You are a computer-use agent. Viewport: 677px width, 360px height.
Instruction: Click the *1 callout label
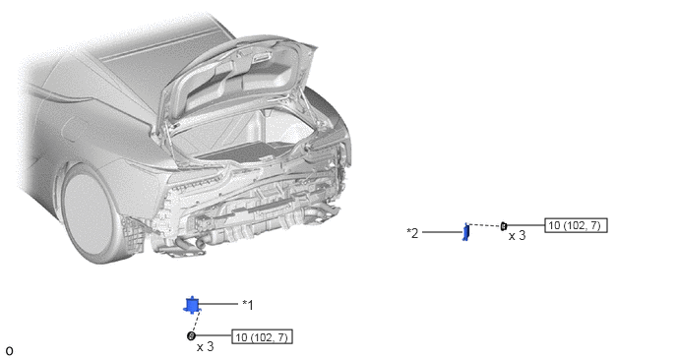248,305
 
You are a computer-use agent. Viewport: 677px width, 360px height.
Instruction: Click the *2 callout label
412,233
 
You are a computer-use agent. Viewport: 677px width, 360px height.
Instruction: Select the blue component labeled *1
192,305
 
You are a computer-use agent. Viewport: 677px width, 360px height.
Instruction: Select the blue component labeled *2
465,232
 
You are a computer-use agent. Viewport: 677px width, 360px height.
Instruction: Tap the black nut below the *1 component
191,335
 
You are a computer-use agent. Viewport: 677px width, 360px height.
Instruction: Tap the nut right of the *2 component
504,226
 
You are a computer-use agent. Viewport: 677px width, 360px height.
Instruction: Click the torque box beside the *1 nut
262,336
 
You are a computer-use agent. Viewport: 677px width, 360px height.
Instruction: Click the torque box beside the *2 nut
576,225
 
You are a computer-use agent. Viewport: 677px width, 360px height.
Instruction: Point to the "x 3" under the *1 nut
205,346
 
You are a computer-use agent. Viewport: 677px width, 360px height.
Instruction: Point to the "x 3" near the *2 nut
517,236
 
